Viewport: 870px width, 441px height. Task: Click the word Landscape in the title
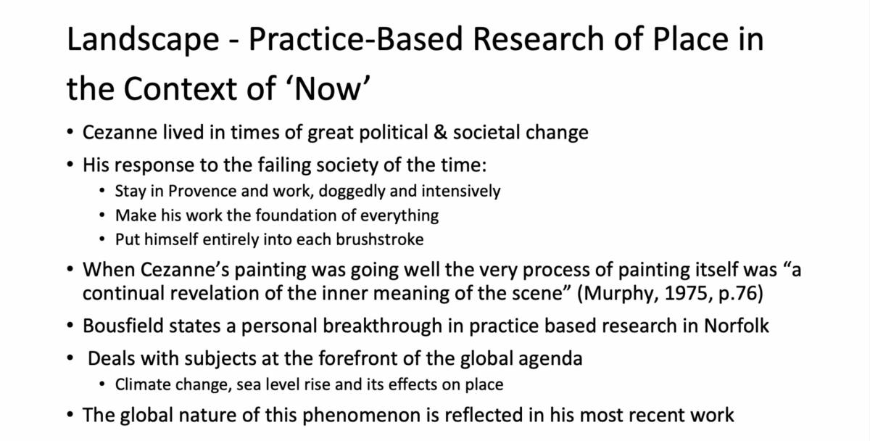click(143, 40)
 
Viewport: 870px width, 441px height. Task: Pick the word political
click(393, 133)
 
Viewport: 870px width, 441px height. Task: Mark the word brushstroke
click(379, 239)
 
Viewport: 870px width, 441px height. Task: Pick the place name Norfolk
click(737, 326)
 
